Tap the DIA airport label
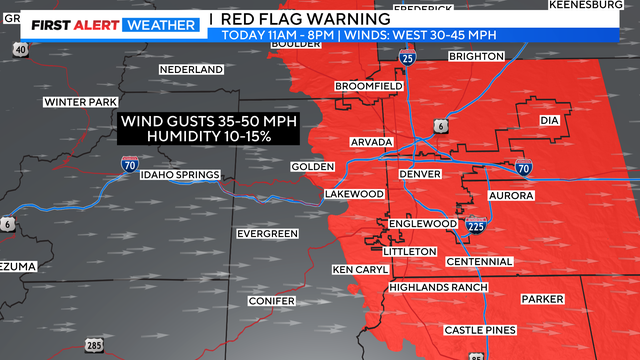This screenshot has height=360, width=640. [x=548, y=120]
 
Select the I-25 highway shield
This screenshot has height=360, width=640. [x=407, y=60]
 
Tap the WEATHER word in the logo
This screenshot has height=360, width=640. [x=159, y=24]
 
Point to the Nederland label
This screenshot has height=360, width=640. [x=191, y=70]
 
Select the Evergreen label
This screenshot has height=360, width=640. [x=267, y=234]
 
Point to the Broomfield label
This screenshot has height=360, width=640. [x=368, y=87]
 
